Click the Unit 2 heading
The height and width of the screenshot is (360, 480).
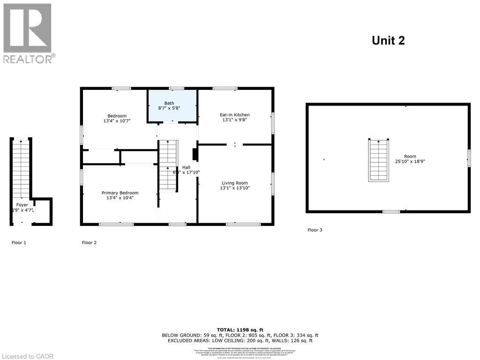coord(388,41)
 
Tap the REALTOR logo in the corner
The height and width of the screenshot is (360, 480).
coord(28,33)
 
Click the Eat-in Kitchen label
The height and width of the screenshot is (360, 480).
coord(234,115)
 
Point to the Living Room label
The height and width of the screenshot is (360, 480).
coord(235,183)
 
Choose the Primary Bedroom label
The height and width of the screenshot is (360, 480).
coord(120,193)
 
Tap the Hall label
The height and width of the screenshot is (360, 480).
coord(186,167)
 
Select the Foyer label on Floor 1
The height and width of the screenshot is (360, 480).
coord(22,205)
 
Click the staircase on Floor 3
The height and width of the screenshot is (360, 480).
coord(378,160)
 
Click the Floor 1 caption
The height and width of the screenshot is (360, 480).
coord(19,242)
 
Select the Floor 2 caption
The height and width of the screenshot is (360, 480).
coord(89,242)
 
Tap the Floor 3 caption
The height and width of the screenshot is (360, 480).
coord(315,230)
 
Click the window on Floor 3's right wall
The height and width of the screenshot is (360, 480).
coord(468,158)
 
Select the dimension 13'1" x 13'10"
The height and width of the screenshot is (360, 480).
coord(235,188)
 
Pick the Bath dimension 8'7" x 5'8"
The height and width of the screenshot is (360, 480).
coord(169,108)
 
